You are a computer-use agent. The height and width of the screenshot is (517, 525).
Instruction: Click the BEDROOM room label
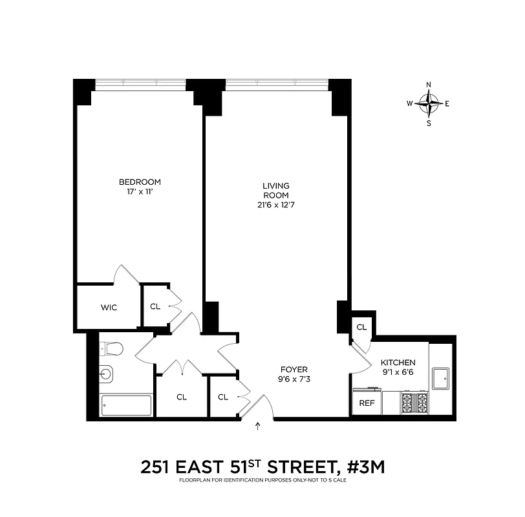[140, 182]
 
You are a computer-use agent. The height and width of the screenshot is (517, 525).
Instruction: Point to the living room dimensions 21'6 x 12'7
[275, 205]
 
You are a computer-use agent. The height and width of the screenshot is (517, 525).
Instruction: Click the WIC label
[109, 308]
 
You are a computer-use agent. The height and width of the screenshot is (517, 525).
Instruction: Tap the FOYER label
[288, 369]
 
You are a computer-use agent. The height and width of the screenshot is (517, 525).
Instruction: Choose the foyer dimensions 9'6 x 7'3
[288, 379]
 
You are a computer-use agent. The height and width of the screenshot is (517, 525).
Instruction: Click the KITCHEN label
[398, 363]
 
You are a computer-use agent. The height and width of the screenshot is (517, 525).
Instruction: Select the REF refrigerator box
[367, 402]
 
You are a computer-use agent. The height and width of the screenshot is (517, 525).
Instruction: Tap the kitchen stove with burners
[414, 401]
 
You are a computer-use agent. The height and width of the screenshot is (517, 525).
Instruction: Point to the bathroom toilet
[112, 350]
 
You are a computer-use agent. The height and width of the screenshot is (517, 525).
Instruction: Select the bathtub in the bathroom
[127, 406]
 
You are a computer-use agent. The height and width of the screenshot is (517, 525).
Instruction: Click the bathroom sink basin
[107, 374]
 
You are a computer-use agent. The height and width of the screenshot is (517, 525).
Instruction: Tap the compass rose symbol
[429, 103]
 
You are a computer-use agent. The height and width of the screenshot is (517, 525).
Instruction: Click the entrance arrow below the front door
[259, 426]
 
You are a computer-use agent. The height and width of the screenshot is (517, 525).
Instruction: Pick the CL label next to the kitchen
[361, 328]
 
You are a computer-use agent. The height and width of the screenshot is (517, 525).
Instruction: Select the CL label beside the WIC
[155, 307]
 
